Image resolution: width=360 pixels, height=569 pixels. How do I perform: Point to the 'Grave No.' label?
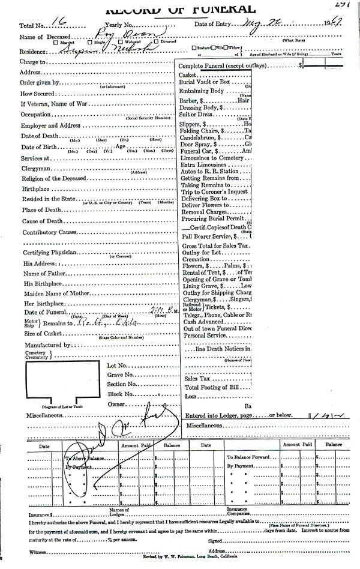pos(119,375)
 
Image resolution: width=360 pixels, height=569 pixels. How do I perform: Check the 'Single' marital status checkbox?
pos(90,42)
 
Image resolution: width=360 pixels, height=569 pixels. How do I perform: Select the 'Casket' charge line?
pos(188,74)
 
